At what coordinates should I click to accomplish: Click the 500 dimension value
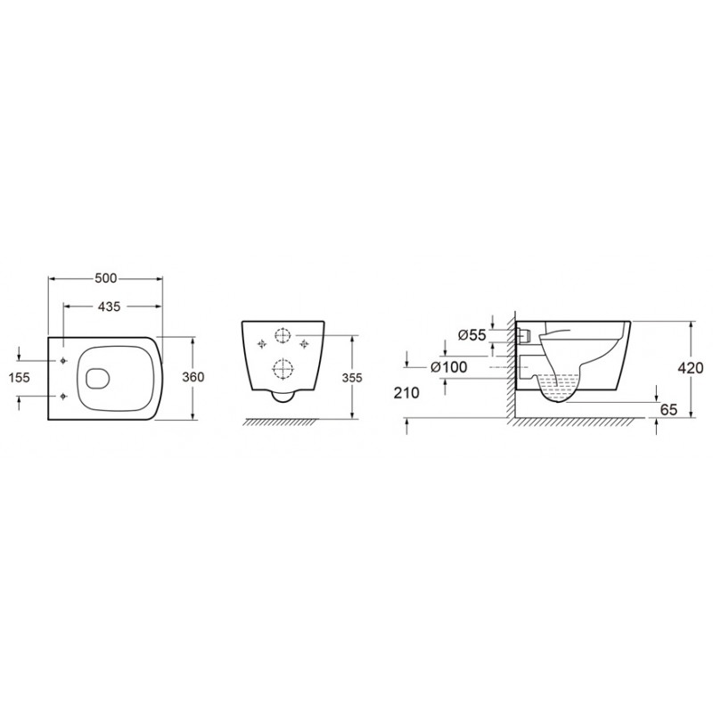(106, 278)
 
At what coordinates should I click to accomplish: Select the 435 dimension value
(110, 307)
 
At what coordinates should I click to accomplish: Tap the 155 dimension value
(19, 377)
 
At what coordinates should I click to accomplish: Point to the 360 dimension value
(193, 377)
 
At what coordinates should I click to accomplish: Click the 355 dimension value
(352, 377)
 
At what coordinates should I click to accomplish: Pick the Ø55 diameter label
(472, 335)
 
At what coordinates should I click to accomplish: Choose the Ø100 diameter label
(449, 367)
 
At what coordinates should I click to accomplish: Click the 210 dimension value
(406, 393)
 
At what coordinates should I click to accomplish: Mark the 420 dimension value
(690, 367)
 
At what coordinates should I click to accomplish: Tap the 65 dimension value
(668, 410)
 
